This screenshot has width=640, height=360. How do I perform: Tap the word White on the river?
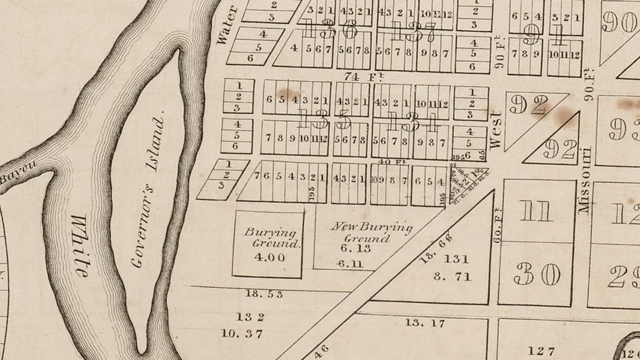pyautogui.click(x=80, y=246)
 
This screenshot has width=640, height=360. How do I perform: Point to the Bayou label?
pyautogui.click(x=18, y=172)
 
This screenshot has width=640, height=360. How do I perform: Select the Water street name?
pyautogui.click(x=227, y=25)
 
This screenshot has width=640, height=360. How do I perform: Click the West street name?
pyautogui.click(x=496, y=130)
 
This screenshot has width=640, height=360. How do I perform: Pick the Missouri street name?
pyautogui.click(x=584, y=180)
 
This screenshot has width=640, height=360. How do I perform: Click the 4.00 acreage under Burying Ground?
pyautogui.click(x=269, y=257)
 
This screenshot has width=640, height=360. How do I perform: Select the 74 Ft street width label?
pyautogui.click(x=360, y=76)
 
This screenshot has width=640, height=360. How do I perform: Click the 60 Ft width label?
pyautogui.click(x=498, y=225)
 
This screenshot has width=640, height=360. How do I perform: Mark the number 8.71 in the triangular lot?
pyautogui.click(x=452, y=277)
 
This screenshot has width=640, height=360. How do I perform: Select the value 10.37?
pyautogui.click(x=242, y=334)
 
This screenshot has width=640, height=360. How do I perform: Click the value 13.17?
pyautogui.click(x=425, y=322)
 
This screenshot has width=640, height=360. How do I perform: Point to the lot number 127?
pyautogui.click(x=541, y=351)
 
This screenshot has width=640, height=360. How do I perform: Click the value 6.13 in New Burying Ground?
pyautogui.click(x=356, y=248)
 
